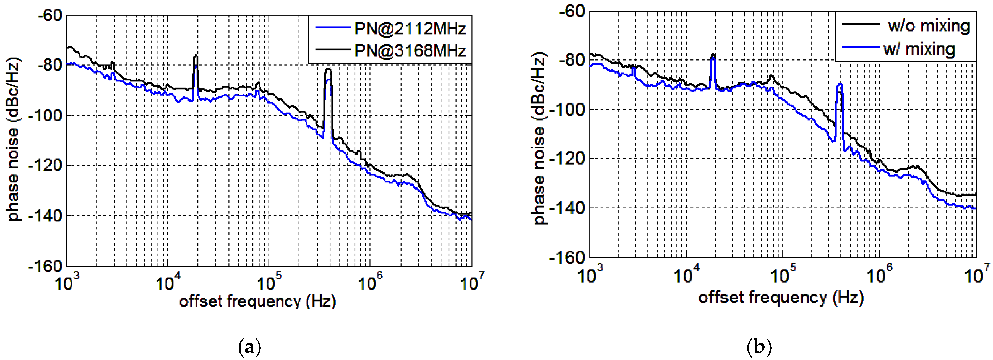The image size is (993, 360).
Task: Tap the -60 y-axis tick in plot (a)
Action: [50, 15]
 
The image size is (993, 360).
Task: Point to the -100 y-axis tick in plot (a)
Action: [45, 115]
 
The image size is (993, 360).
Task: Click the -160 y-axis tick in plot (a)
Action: [45, 266]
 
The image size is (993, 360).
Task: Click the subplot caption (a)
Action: [250, 347]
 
